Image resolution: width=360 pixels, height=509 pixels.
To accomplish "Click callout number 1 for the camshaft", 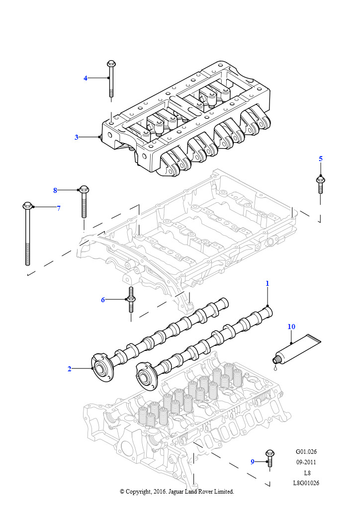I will coord(267,283).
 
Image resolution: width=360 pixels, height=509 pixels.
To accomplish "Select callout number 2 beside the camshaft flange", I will coord(70,368).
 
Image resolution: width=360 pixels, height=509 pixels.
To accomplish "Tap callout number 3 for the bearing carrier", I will coord(77,137).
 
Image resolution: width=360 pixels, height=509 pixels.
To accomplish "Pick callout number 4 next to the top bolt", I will coord(85,78).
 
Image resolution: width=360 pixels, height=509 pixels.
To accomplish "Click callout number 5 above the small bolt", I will coord(321,159).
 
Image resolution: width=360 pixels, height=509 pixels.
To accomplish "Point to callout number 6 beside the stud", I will coord(103,299).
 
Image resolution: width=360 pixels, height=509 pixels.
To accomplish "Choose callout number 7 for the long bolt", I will coord(58,208).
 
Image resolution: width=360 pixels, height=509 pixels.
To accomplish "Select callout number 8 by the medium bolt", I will coord(55,190).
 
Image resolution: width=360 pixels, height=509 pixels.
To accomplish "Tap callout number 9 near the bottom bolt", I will coord(252,462).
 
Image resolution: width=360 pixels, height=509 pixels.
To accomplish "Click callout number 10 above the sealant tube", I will coord(291,327).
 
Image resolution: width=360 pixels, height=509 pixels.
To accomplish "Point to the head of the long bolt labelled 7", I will coord(27,205).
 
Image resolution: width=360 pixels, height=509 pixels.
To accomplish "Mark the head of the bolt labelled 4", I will coord(111,64).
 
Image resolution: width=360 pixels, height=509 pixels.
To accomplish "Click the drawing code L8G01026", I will coord(306,483).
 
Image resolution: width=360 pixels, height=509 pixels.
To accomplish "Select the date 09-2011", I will coord(306,462).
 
